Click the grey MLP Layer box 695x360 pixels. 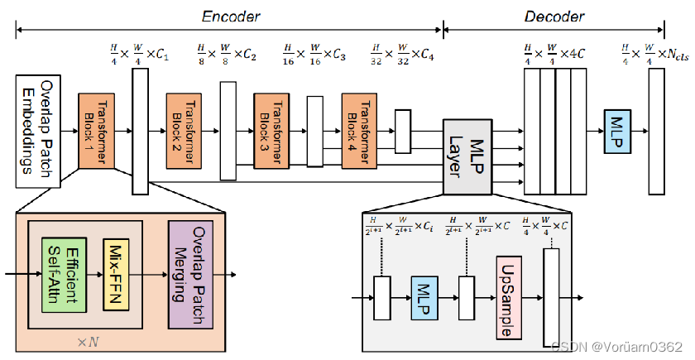click(465, 156)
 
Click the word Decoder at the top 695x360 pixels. click(554, 16)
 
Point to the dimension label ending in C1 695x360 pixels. click(140, 56)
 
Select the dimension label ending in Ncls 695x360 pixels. click(656, 56)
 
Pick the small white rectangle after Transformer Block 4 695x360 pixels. click(404, 131)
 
